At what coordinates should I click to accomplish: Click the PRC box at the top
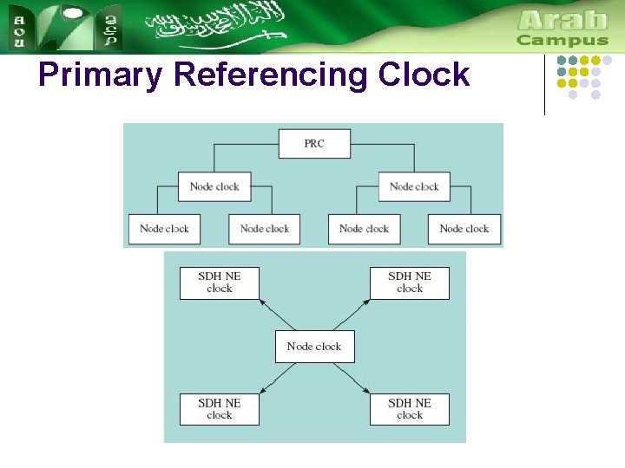pos(314,144)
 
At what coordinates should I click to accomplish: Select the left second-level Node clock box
pos(214,186)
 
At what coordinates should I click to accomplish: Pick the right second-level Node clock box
pos(414,186)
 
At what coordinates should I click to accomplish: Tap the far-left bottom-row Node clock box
pos(164,229)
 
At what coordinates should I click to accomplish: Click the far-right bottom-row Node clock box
pos(464,229)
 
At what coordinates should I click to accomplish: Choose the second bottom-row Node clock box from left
pos(264,229)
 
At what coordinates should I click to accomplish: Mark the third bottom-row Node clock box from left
pos(364,229)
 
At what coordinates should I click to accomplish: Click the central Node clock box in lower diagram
pos(314,347)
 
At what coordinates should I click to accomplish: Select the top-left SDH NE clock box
pos(220,283)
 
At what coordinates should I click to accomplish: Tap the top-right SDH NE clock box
pos(410,283)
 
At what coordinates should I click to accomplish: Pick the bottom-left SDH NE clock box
pos(220,409)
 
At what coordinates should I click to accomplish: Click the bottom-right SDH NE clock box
pos(410,409)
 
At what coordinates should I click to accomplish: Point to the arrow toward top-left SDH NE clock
pos(278,315)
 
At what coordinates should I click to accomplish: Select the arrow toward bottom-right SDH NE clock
pos(352,378)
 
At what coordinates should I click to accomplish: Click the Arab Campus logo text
pos(562,28)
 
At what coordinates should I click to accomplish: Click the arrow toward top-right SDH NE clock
pos(352,315)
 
